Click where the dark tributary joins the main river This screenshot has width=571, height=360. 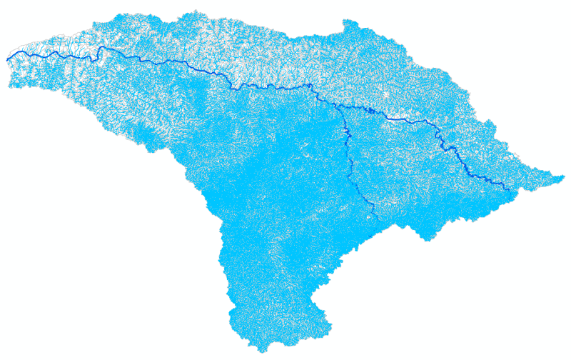(335, 105)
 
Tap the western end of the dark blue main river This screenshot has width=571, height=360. (7, 58)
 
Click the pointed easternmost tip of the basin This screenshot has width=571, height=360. (564, 176)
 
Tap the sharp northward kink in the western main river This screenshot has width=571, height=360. (101, 48)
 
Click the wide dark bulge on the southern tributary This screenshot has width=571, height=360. (346, 133)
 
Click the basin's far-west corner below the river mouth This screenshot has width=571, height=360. (10, 86)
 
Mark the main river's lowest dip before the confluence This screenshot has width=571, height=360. (236, 87)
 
